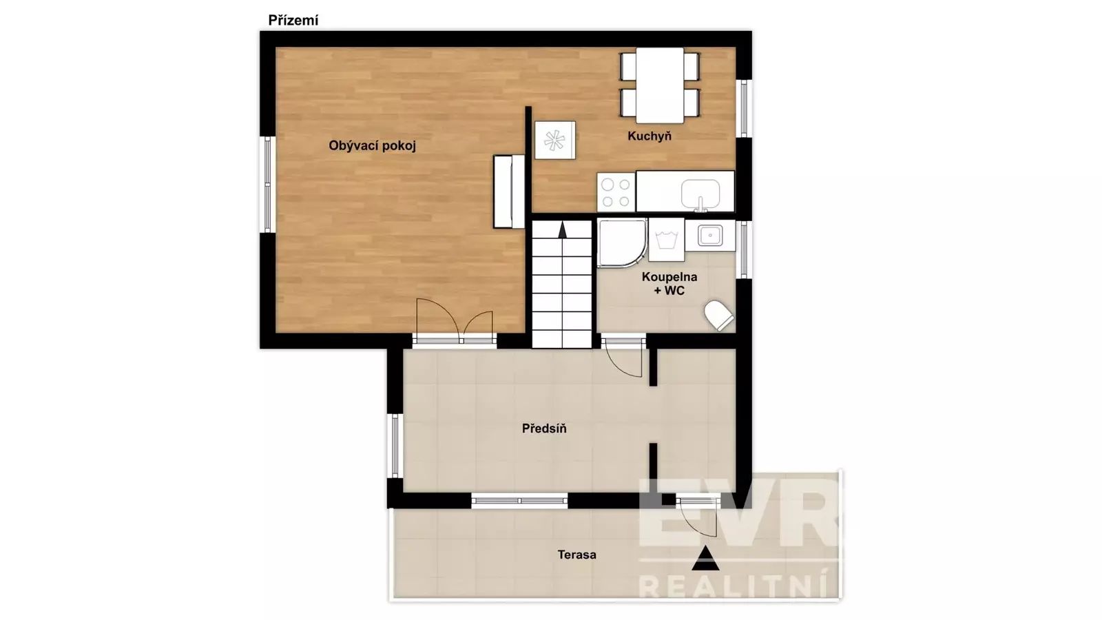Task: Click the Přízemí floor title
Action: click(293, 21)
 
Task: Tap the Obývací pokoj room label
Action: click(373, 146)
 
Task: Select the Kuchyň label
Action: click(649, 136)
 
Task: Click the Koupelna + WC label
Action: click(669, 284)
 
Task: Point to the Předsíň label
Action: click(544, 428)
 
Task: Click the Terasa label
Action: click(577, 555)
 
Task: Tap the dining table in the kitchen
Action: click(660, 85)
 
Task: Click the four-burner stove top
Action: click(616, 192)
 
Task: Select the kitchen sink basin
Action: click(700, 194)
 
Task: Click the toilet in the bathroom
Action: click(719, 316)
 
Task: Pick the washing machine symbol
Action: click(667, 240)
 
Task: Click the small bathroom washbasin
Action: click(710, 235)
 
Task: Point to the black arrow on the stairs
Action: click(562, 229)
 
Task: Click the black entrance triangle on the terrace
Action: click(706, 558)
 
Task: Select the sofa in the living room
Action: click(509, 192)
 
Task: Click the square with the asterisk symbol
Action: click(555, 141)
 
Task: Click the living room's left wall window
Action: click(268, 185)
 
